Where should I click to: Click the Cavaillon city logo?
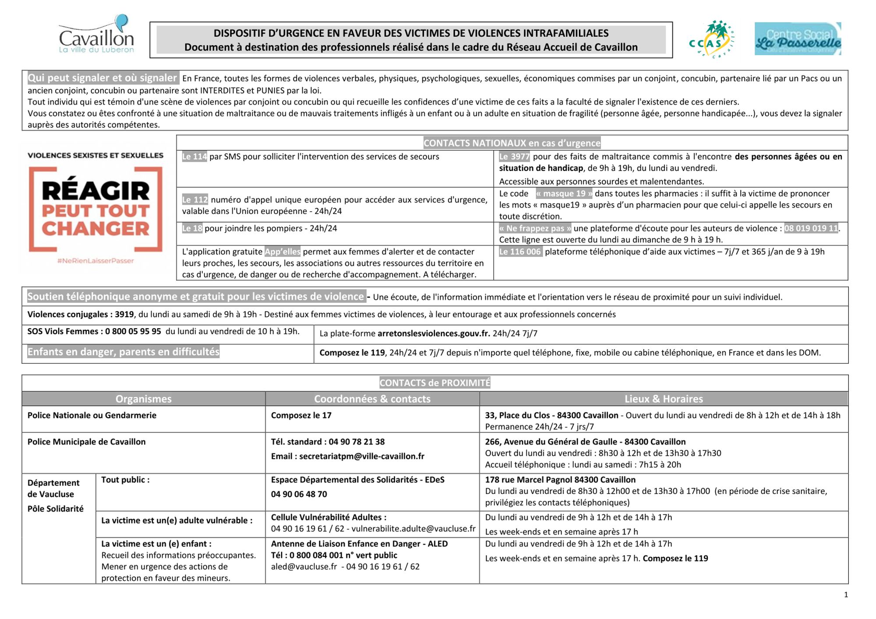coord(96,35)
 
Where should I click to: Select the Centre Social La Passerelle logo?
coord(798,39)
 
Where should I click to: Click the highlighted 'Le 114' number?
coord(194,157)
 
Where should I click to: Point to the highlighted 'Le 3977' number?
coord(514,157)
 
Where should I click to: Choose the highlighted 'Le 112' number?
coord(195,200)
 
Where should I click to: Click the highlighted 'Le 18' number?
coord(192,228)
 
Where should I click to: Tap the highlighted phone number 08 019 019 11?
coord(811,228)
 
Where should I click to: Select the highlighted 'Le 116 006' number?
coord(520,252)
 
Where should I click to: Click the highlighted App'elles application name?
coord(283,252)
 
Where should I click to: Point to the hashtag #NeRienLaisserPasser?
coord(95,261)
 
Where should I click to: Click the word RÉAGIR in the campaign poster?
coord(96,191)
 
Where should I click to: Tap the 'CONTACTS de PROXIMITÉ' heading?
coord(434,383)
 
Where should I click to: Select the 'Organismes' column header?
coord(143,399)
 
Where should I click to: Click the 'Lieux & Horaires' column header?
coord(664,399)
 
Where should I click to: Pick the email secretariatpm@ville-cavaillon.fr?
coord(361,456)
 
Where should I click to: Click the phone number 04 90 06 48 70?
coord(299,494)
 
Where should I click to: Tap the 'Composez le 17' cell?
coord(301,415)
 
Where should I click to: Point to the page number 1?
coord(846,595)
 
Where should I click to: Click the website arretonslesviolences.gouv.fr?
coord(434,333)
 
